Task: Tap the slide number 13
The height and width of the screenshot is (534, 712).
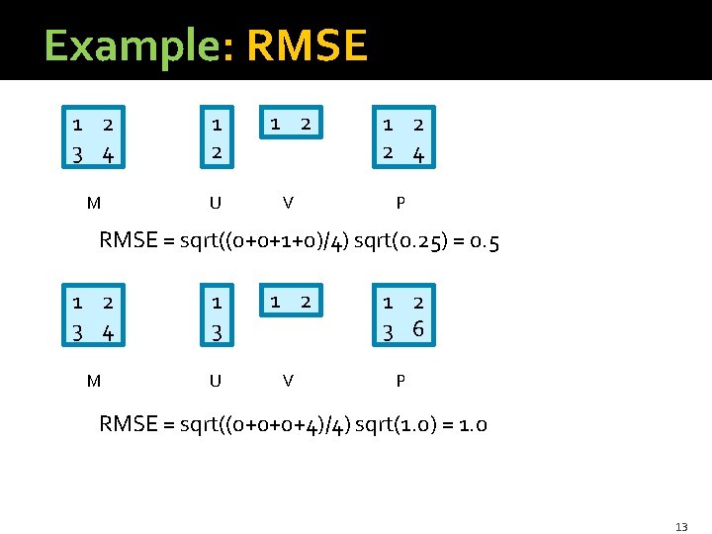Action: point(681,527)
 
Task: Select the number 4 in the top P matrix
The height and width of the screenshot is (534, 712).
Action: point(419,154)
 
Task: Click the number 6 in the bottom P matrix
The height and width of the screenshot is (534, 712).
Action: point(419,330)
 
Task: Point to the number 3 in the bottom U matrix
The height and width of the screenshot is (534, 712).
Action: point(216,332)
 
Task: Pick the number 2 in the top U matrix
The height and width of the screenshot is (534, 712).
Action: point(216,154)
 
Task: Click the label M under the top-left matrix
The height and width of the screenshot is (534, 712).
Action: point(93,204)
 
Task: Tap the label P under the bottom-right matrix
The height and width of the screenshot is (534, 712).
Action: point(400,380)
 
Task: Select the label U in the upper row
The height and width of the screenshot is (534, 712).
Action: point(215,204)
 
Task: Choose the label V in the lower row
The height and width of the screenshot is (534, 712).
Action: point(287,380)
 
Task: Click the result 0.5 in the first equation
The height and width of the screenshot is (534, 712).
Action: point(485,241)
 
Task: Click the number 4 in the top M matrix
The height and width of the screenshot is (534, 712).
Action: point(108,155)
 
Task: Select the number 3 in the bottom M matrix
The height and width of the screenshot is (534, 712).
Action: point(77,332)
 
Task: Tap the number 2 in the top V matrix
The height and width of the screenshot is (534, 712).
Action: point(306,124)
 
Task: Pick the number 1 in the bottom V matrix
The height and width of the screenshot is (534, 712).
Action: point(276,300)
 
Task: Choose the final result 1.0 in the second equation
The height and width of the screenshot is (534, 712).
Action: point(473,425)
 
